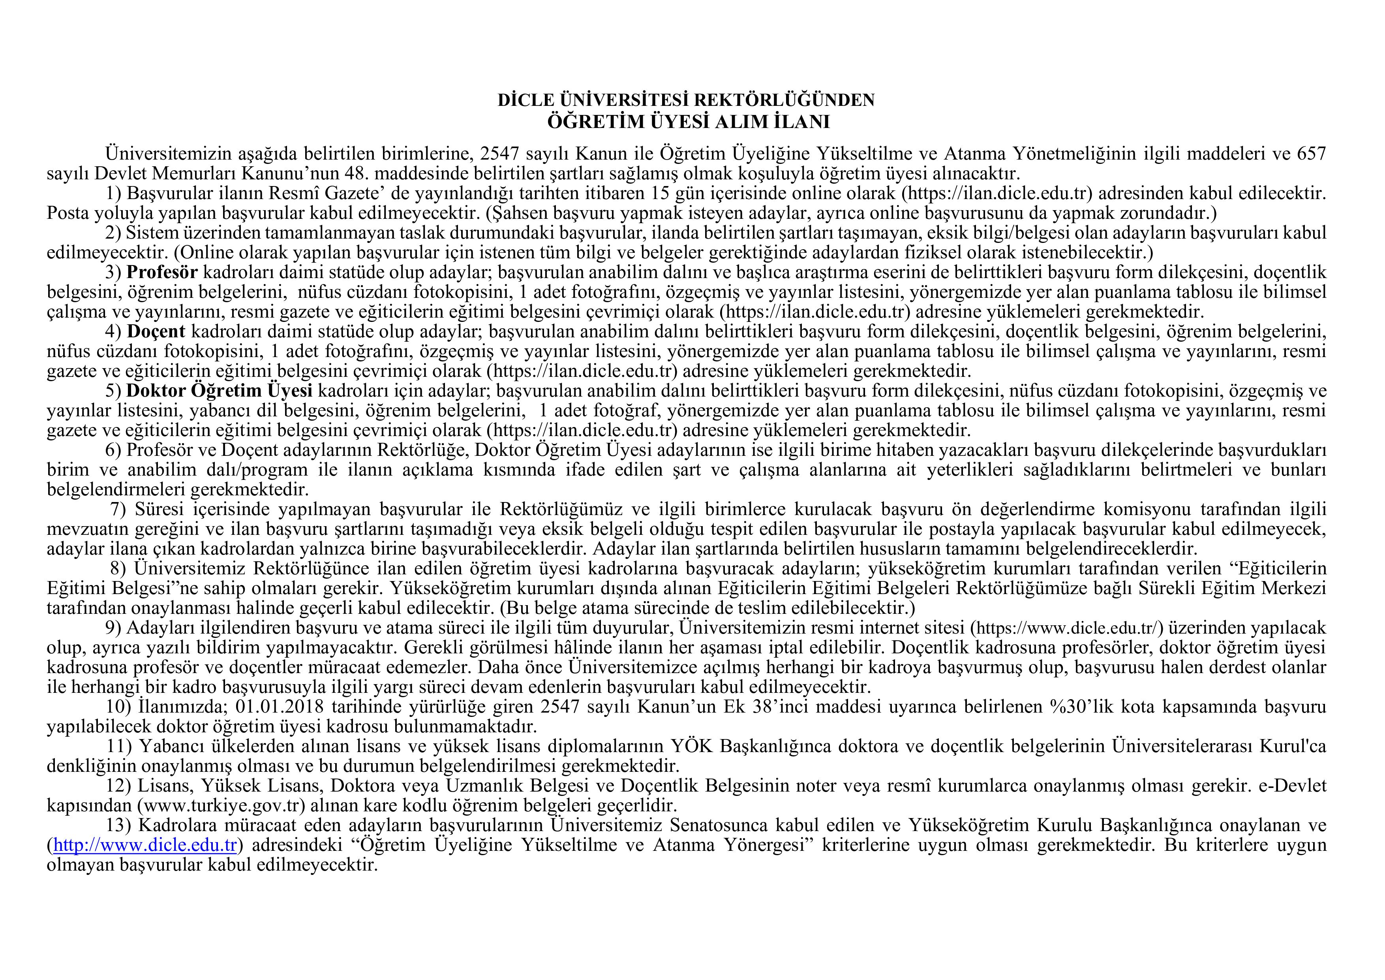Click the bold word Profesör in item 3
pos(162,272)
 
